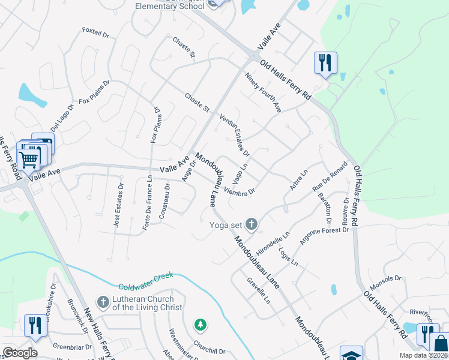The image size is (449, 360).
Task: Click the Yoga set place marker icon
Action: [x=251, y=225]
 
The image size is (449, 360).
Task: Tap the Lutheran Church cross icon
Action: [x=103, y=302]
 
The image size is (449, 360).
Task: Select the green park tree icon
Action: [x=200, y=325]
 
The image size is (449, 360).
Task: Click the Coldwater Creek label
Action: [x=145, y=281]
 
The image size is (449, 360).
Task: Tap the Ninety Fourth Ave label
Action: [x=263, y=92]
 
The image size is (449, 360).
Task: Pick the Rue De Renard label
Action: [x=330, y=177]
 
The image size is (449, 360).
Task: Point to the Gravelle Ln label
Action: [x=259, y=290]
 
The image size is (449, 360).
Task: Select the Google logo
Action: [x=20, y=353]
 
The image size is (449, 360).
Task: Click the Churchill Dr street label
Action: [x=209, y=351]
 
